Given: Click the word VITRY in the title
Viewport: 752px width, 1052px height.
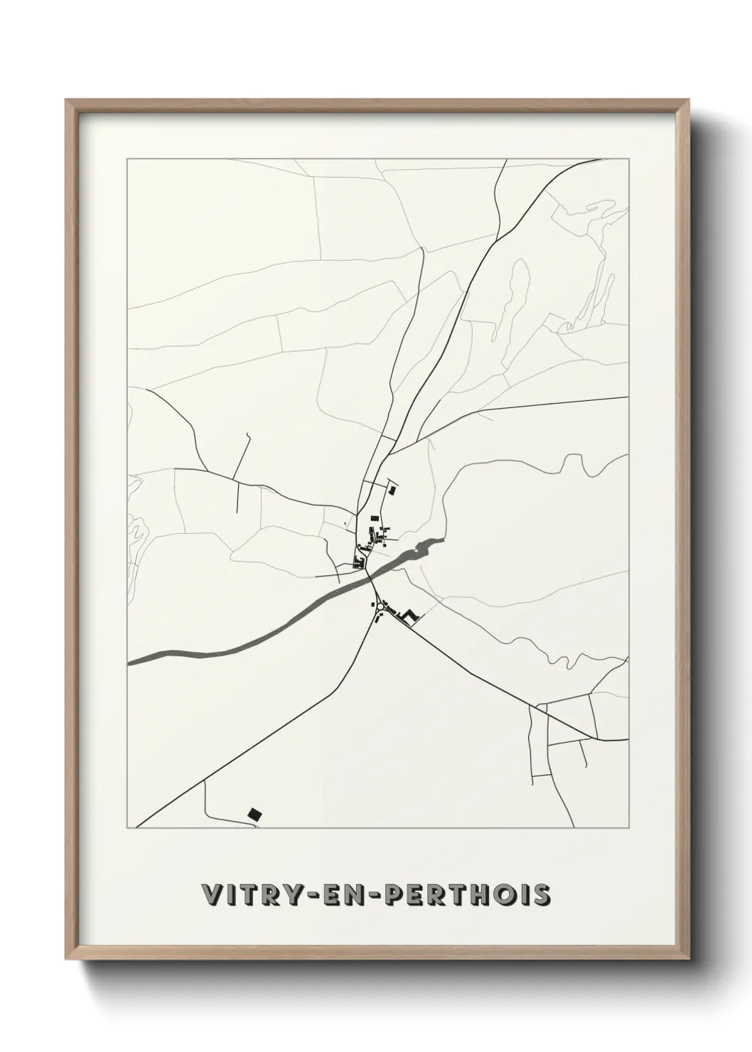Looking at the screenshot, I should [x=246, y=896].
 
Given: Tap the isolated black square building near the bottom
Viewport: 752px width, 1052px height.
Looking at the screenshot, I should [x=253, y=813].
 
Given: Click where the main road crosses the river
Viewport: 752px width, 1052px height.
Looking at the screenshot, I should [x=369, y=576].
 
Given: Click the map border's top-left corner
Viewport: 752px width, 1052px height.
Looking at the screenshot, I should [x=127, y=159].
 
